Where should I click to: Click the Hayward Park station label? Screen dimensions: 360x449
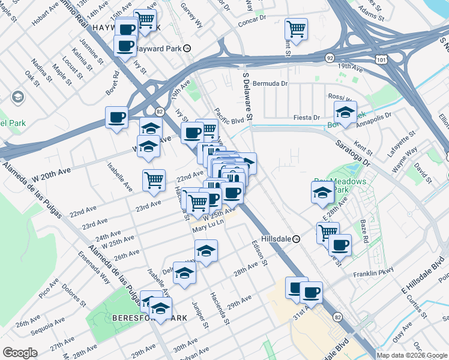coord(157,48)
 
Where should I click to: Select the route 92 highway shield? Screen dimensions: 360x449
coord(330,58)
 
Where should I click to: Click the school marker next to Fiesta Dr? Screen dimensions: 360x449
coord(345,112)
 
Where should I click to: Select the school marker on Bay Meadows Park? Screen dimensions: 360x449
coord(323,192)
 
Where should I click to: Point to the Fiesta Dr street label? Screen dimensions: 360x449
coord(307,118)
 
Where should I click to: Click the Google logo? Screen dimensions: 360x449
coord(20,353)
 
